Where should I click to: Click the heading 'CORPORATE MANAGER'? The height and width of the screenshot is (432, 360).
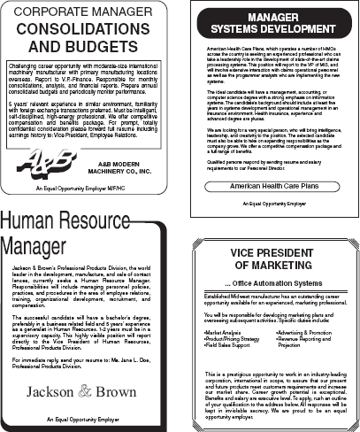click(84, 15)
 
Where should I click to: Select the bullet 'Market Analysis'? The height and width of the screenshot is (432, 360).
click(225, 332)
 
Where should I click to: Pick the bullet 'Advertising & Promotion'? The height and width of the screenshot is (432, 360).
click(309, 332)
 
